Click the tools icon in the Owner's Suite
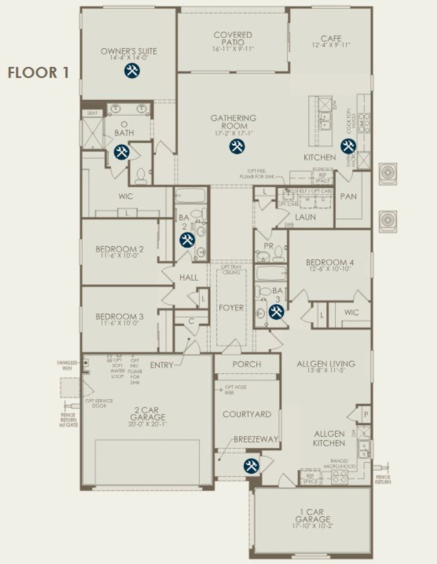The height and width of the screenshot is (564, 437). (x=132, y=71)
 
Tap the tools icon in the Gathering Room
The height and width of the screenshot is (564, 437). (x=237, y=146)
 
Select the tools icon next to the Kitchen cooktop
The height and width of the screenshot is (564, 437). (x=348, y=146)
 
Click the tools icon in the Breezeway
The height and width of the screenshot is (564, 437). (x=251, y=466)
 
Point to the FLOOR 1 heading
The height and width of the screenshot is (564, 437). (x=38, y=73)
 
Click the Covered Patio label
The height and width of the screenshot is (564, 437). (x=233, y=39)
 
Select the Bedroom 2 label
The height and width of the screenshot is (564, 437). (x=119, y=249)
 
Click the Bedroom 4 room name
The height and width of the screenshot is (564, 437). (x=329, y=262)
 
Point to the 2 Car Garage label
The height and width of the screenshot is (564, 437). (x=148, y=414)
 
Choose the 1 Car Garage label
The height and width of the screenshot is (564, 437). (x=312, y=515)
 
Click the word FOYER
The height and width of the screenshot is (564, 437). (x=231, y=308)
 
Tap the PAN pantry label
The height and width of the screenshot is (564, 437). (x=348, y=197)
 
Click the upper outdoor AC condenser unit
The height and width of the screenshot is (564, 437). (x=388, y=173)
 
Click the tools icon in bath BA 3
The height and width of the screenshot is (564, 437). (x=276, y=312)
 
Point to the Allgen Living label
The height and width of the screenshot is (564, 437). (x=326, y=364)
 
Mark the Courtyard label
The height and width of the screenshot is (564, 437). (x=247, y=414)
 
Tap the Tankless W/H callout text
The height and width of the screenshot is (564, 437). (x=67, y=365)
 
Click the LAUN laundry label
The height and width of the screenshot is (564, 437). (x=305, y=217)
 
